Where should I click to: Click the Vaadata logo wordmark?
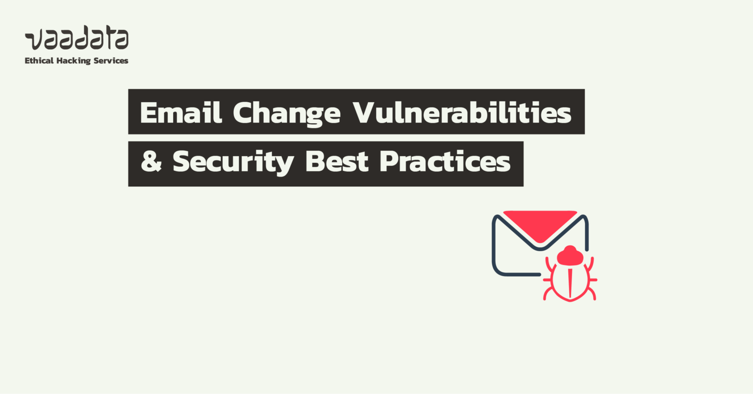(76, 39)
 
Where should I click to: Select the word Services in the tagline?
(111, 61)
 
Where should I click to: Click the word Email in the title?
(181, 113)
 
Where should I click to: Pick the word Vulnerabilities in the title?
(462, 113)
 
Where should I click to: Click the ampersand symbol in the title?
(151, 162)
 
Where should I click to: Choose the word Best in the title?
(337, 162)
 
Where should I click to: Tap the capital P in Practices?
(391, 162)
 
